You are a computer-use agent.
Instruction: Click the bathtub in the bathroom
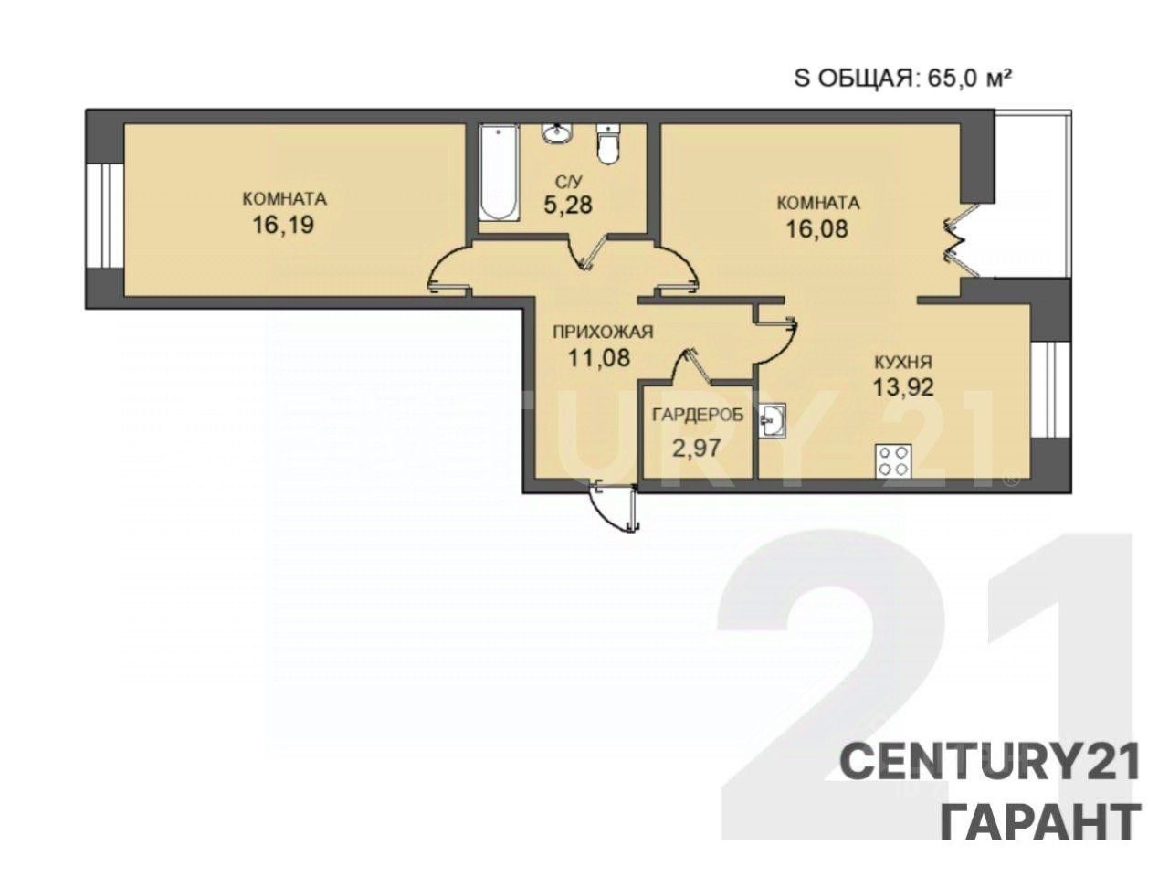(x=499, y=173)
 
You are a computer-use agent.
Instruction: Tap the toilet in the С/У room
(x=607, y=143)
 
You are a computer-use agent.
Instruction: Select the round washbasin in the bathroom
(x=556, y=133)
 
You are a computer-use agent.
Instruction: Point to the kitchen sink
(x=773, y=420)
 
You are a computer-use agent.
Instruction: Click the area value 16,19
(x=283, y=225)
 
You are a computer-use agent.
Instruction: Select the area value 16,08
(x=817, y=229)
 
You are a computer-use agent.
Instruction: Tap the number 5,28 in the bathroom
(x=568, y=205)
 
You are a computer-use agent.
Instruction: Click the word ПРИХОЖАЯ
(x=603, y=333)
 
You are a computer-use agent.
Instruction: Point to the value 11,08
(x=600, y=357)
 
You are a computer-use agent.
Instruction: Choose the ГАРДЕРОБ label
(x=698, y=415)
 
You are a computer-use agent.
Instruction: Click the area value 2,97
(x=697, y=448)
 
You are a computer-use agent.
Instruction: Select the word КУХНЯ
(x=903, y=362)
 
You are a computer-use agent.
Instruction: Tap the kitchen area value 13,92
(x=903, y=387)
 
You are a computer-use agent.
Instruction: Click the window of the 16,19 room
(x=105, y=216)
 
